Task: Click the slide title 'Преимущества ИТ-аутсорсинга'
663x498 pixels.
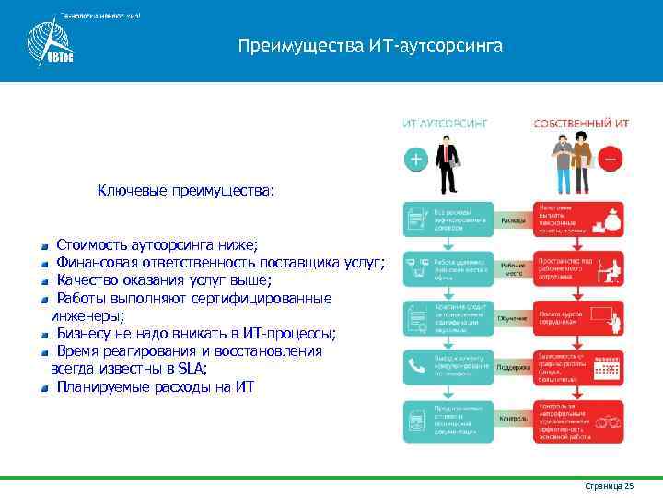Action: coord(369,45)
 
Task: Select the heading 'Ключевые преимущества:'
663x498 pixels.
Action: coord(186,192)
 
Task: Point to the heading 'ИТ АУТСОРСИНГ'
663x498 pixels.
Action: coord(445,122)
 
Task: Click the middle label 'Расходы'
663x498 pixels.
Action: coord(514,221)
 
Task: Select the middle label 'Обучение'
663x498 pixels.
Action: coord(514,318)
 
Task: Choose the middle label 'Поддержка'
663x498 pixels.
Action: coord(514,366)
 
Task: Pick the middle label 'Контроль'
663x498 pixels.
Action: coord(514,419)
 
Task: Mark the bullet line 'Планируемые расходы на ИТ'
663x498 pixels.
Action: coord(154,386)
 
